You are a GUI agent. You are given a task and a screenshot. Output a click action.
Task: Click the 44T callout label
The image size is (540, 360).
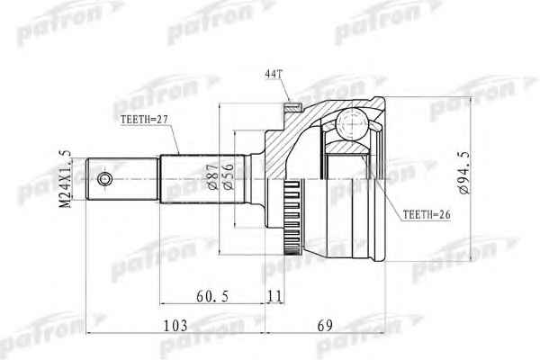pyautogui.click(x=274, y=74)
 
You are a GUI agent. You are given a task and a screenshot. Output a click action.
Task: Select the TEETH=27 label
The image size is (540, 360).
pyautogui.click(x=144, y=119)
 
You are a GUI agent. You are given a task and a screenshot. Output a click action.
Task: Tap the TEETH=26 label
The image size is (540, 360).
pyautogui.click(x=427, y=214)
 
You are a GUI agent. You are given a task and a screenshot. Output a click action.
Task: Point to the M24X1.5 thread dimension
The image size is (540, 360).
pyautogui.click(x=65, y=179)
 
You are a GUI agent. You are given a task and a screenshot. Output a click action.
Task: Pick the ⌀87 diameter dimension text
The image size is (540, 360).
pyautogui.click(x=212, y=175)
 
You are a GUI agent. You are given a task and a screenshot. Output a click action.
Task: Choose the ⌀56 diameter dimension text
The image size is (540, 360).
pyautogui.click(x=229, y=175)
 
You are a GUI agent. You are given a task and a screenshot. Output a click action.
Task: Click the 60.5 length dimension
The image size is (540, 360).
pyautogui.click(x=212, y=296)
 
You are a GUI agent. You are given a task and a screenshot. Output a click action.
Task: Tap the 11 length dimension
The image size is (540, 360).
pyautogui.click(x=274, y=296)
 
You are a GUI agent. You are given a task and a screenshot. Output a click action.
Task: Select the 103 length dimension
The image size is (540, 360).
pyautogui.click(x=175, y=325)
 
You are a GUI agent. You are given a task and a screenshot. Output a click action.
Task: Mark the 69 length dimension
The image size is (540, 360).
pyautogui.click(x=325, y=325)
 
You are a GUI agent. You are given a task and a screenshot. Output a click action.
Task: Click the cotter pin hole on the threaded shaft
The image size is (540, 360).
pyautogui.click(x=104, y=179)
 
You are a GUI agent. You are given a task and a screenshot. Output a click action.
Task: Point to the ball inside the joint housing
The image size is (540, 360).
pyautogui.click(x=352, y=124)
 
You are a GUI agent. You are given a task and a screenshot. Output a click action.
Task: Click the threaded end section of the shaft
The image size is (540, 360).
pyautogui.click(x=122, y=179)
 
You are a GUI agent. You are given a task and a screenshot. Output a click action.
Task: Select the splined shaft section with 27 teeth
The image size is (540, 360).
pyautogui.click(x=202, y=179)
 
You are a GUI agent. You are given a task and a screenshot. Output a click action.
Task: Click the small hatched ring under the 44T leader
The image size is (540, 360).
pyautogui.click(x=293, y=107)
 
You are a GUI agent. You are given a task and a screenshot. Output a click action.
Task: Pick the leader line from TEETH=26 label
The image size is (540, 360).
pyautogui.click(x=382, y=186)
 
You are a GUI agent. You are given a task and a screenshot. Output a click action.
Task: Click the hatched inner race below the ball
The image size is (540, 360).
pyautogui.click(x=347, y=148)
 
